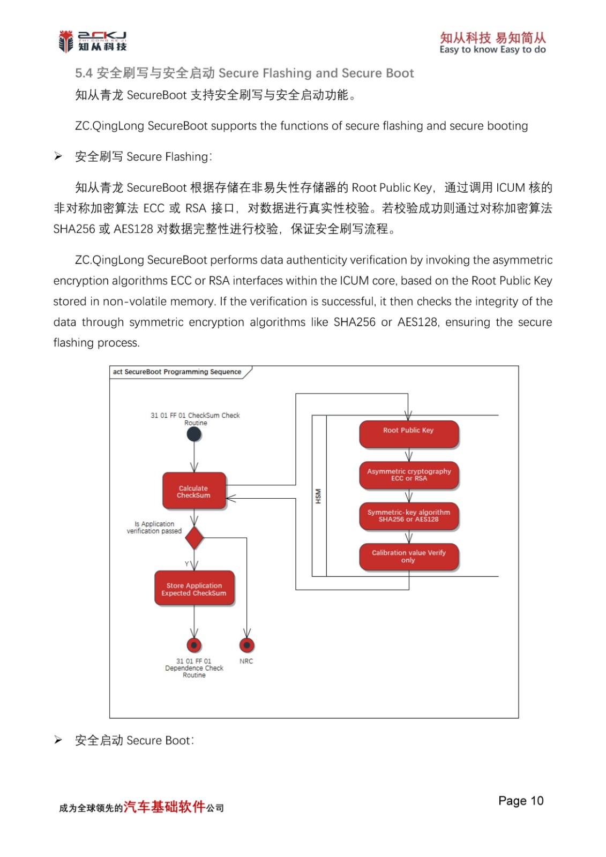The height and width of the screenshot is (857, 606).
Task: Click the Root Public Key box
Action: (x=409, y=433)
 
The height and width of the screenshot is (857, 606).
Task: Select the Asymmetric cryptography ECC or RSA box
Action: (x=409, y=475)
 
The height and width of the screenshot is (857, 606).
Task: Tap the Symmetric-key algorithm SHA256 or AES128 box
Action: (x=409, y=516)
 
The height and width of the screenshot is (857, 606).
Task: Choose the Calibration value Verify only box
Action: (x=409, y=557)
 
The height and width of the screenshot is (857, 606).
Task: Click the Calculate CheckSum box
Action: (x=194, y=491)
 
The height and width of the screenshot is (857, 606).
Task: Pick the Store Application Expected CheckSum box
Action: (x=194, y=588)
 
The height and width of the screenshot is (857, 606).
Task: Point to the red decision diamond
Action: (x=194, y=538)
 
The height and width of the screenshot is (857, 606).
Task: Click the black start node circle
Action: (x=194, y=434)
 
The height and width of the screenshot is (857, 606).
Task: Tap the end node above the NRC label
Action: (x=246, y=645)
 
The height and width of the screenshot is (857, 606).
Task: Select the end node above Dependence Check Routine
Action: (x=194, y=645)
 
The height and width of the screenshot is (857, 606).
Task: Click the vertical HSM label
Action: (x=318, y=496)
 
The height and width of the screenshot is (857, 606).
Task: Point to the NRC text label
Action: (x=246, y=661)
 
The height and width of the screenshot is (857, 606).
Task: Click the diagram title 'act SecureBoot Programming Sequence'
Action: (x=177, y=372)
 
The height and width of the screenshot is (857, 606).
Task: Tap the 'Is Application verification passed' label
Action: (x=154, y=528)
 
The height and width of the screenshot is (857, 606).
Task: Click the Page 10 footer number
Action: (x=520, y=801)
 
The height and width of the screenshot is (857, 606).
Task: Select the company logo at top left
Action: (x=93, y=41)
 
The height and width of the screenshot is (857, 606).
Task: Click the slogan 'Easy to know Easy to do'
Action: (x=492, y=50)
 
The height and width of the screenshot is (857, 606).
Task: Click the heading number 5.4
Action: (x=84, y=73)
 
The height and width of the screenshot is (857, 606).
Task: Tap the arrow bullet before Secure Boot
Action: (x=58, y=740)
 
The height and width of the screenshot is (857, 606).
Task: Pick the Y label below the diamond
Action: (x=187, y=564)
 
